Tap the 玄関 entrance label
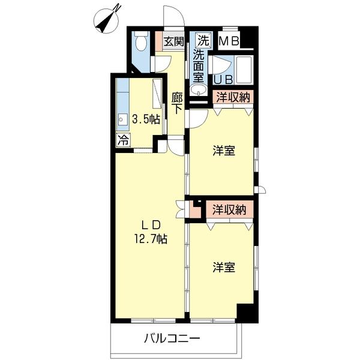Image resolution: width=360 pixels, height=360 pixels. click(174, 42)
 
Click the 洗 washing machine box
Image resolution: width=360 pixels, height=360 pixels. click(203, 41)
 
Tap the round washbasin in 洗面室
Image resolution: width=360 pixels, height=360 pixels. click(199, 90)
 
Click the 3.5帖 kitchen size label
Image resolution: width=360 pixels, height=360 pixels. click(146, 119)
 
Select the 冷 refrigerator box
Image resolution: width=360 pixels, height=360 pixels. click(122, 141)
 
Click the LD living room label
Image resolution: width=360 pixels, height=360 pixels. click(150, 225)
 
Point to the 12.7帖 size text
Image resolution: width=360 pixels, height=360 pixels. click(150, 238)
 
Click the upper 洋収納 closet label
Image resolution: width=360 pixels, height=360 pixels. click(230, 97)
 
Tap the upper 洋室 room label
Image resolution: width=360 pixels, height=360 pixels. click(223, 152)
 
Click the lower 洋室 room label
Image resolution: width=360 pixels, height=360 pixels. click(223, 268)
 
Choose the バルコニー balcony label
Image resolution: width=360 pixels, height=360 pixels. click(171, 338)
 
